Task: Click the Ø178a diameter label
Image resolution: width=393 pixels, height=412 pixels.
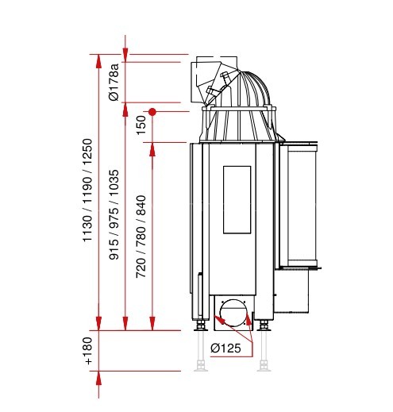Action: pos(114,82)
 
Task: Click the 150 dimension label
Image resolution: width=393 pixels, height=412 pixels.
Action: pos(141,125)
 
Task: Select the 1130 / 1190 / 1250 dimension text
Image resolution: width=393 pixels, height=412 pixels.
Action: pos(87,190)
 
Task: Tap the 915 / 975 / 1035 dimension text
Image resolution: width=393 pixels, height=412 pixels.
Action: pos(114,214)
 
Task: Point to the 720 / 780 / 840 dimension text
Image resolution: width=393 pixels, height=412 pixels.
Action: pos(141,237)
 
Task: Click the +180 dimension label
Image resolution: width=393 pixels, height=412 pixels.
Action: pos(87,351)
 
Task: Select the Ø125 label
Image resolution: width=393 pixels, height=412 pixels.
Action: pos(225,348)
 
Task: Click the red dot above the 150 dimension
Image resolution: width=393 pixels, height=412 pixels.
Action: pos(152,112)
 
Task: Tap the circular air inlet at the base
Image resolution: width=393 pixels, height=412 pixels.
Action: pos(233,313)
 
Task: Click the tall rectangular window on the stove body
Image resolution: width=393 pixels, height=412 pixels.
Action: pos(237,200)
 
